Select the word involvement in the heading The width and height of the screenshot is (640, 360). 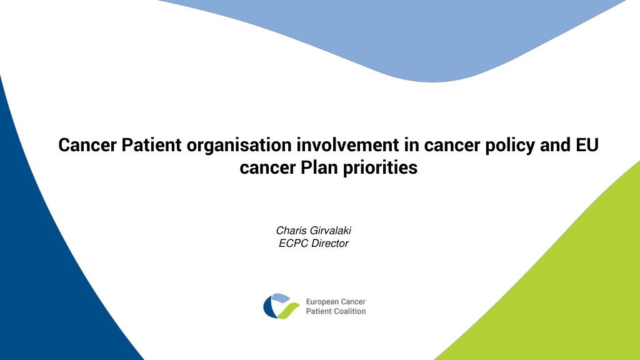coord(347,145)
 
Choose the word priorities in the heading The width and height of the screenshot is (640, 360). coord(380,168)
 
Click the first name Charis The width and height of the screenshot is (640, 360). coord(291,231)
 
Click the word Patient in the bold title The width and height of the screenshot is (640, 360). coord(151,145)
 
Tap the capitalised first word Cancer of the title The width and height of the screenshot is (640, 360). coord(87,145)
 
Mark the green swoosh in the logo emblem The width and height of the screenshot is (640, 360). coord(288,311)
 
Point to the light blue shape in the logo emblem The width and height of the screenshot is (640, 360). coord(281,297)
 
